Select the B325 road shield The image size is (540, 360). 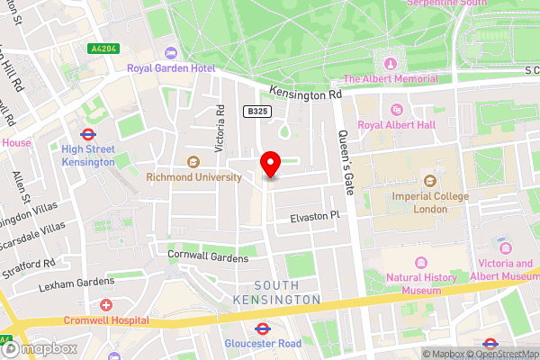coord(258,111)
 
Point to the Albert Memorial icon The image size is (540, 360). coord(391,63)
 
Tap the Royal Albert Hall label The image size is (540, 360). coord(402,125)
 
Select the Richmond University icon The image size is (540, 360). coord(193,162)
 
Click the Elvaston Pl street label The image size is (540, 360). coord(315,217)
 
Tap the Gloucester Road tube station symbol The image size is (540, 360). coord(264,328)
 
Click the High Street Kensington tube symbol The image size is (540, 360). coord(88,132)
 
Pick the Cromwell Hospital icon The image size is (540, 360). coord(106,306)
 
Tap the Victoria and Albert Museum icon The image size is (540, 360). coord(504,246)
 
